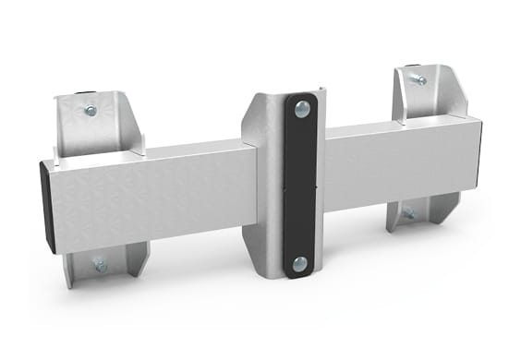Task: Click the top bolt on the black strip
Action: [300, 108]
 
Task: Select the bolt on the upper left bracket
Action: [90, 111]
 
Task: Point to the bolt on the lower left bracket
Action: [100, 266]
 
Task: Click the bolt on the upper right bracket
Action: [420, 79]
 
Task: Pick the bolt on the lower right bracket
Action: [409, 214]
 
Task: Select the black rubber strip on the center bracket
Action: [299, 185]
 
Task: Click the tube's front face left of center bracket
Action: [157, 198]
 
